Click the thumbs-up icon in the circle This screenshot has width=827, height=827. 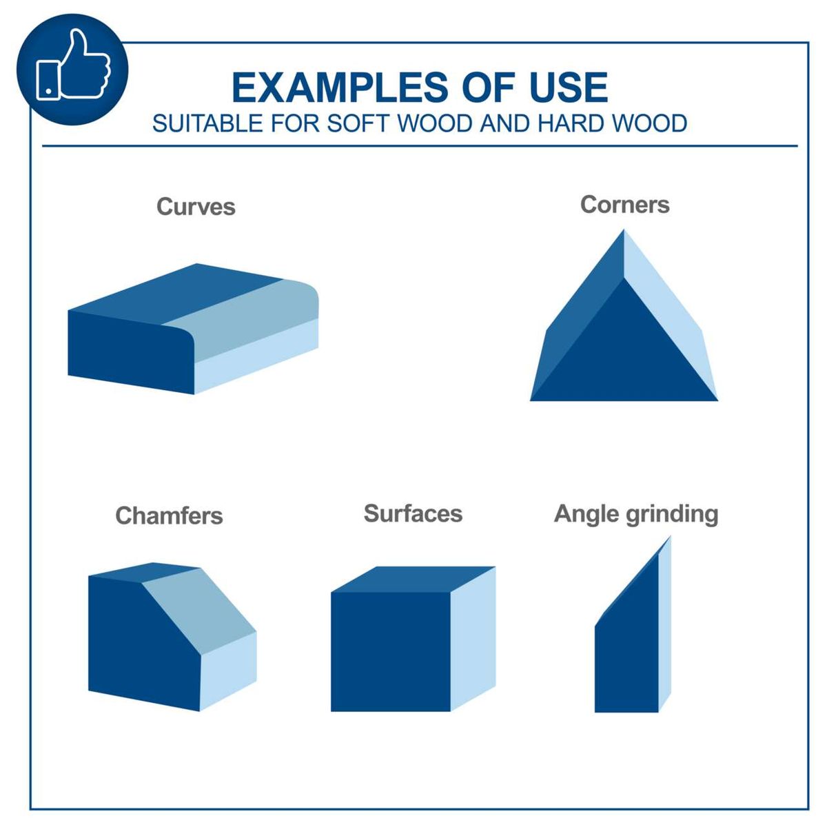pyautogui.click(x=74, y=69)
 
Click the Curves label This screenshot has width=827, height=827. pyautogui.click(x=196, y=207)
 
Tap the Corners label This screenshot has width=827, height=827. pyautogui.click(x=624, y=205)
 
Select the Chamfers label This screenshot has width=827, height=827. pyautogui.click(x=169, y=515)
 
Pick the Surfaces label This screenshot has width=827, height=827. pyautogui.click(x=413, y=513)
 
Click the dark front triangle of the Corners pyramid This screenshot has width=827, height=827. pyautogui.click(x=624, y=351)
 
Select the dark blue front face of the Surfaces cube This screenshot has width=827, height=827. pyautogui.click(x=390, y=651)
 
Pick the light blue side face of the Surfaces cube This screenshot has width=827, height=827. pyautogui.click(x=473, y=637)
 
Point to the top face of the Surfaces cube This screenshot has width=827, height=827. pyautogui.click(x=413, y=580)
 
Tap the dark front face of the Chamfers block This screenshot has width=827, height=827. pyautogui.click(x=138, y=641)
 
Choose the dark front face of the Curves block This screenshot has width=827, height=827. pyautogui.click(x=127, y=351)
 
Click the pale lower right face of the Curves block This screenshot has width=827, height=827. pyautogui.click(x=255, y=358)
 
